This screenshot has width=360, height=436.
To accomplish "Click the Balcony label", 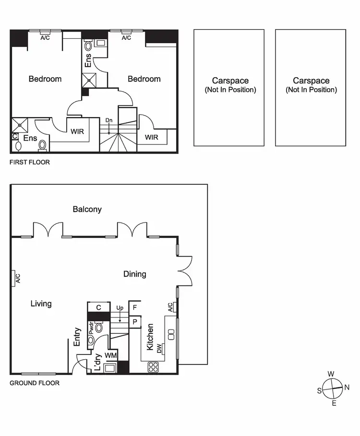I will [x=87, y=209].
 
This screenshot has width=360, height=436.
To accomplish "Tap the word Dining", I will [x=134, y=274].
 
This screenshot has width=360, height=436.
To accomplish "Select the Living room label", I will [x=41, y=304].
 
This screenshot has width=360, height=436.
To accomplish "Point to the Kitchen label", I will [x=150, y=336].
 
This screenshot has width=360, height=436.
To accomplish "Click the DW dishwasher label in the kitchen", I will [x=159, y=349].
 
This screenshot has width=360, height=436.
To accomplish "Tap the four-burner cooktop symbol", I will [x=153, y=367].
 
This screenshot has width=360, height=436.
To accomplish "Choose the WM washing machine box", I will [x=110, y=355].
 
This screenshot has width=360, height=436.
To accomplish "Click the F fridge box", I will [x=135, y=307].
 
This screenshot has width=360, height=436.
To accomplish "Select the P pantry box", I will [x=135, y=322].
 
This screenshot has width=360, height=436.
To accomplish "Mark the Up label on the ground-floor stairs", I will [x=120, y=307].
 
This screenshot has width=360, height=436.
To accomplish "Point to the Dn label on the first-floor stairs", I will [x=109, y=120].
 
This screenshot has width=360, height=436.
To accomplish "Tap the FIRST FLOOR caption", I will [x=30, y=162].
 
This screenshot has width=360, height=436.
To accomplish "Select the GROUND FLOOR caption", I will [x=35, y=383].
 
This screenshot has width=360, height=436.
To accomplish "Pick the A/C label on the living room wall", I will [x=17, y=278].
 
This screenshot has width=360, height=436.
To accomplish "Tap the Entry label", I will [x=77, y=337].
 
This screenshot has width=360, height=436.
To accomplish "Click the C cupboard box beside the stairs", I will [x=98, y=307].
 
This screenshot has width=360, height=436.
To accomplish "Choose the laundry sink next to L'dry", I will [x=110, y=368].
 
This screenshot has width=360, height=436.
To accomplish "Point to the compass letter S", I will [x=319, y=390].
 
